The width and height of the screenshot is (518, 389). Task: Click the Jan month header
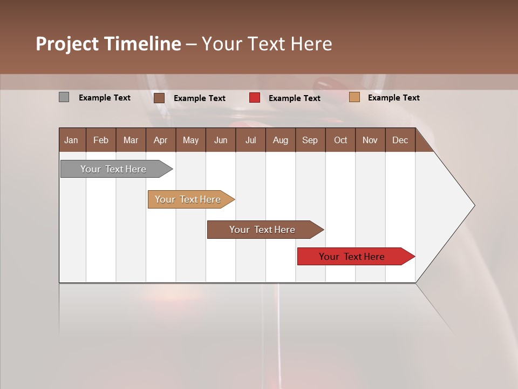coord(71,140)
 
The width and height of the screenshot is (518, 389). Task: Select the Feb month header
coord(101,140)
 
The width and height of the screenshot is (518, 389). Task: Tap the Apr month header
coord(161,140)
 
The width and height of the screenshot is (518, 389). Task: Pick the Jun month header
coord(221,140)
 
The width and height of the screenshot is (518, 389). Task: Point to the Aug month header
coord(281,140)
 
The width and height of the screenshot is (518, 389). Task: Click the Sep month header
coord(310,140)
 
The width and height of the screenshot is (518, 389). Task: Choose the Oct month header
coord(340,140)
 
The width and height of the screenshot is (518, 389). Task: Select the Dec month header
coord(400,140)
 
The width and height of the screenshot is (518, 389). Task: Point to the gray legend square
coord(64,97)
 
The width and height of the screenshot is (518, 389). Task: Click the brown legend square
coord(159,98)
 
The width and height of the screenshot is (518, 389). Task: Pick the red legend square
coord(255,98)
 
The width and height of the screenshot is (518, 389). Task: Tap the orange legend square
coord(354,97)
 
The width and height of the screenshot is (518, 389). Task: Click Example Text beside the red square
coord(294,98)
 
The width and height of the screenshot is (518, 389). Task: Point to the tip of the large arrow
coord(474,205)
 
